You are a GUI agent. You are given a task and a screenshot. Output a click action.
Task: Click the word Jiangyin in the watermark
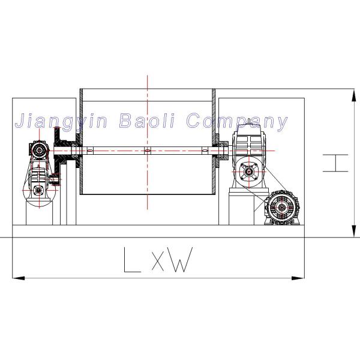[x=59, y=121]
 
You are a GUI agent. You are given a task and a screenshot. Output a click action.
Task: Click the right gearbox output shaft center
[x=248, y=173]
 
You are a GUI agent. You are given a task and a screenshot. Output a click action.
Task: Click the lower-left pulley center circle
[x=38, y=190]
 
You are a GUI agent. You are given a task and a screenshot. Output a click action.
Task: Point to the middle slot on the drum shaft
[x=146, y=151]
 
